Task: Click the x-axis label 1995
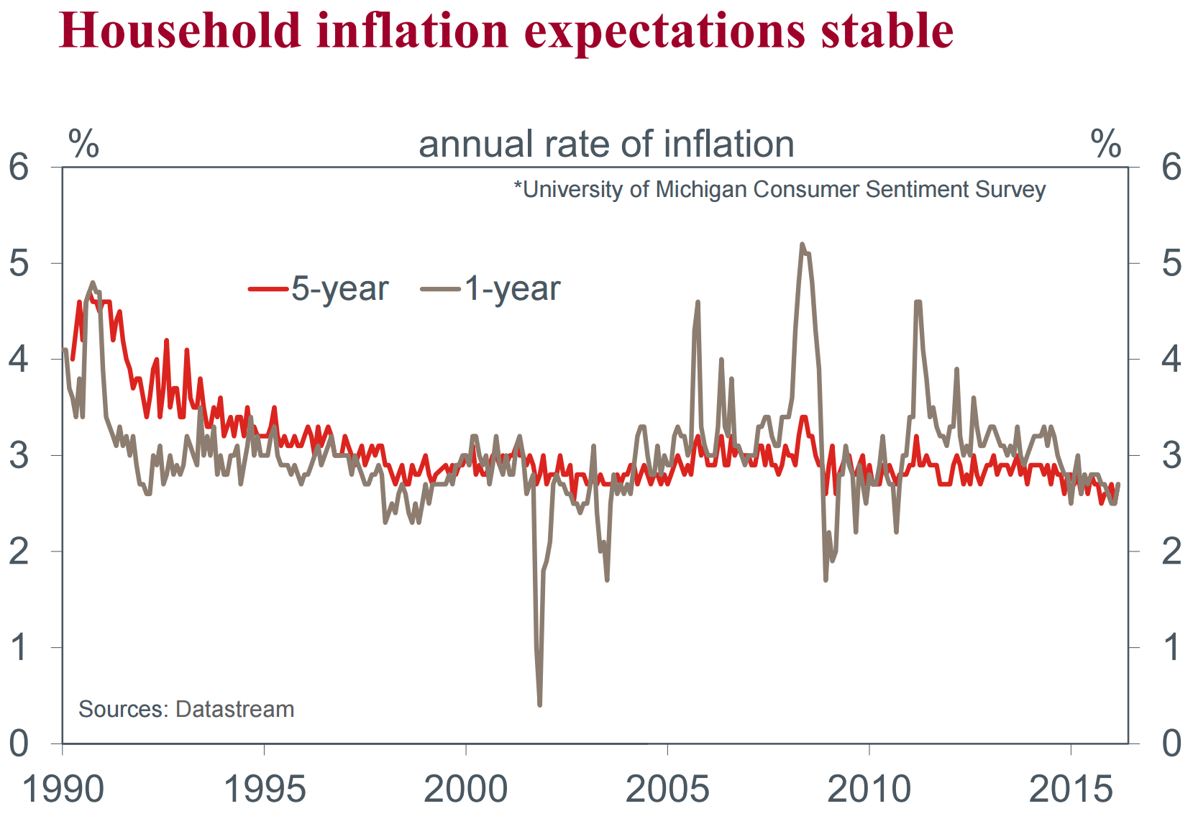265,790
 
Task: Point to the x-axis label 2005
667,790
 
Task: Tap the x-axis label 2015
1071,790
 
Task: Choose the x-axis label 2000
466,790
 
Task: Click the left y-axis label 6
19,168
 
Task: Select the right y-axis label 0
1171,743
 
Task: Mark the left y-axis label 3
19,456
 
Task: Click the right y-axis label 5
1171,263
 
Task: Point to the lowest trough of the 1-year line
539,705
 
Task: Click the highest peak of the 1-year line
802,244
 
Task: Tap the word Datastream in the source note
234,709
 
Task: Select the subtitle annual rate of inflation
606,144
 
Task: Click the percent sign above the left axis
83,144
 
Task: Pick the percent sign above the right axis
1105,144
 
